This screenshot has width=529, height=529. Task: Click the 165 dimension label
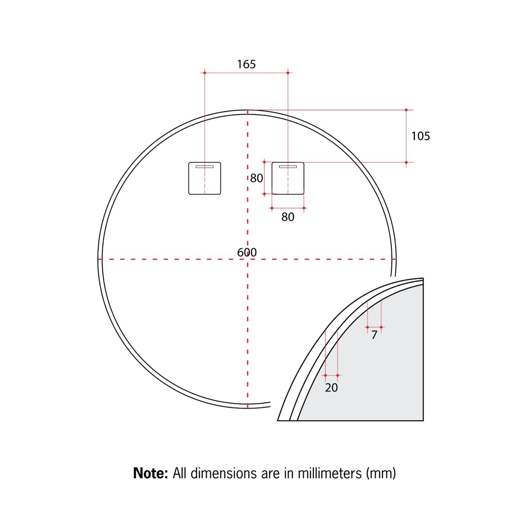click(x=246, y=64)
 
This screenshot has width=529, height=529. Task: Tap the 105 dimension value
click(x=420, y=136)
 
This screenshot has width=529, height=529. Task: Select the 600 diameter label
click(x=247, y=252)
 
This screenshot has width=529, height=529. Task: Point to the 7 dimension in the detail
click(x=374, y=336)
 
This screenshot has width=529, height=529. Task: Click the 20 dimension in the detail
click(x=332, y=387)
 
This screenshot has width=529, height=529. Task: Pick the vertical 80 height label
click(x=257, y=178)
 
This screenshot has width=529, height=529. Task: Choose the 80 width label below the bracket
click(x=288, y=217)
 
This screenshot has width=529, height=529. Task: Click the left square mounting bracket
click(x=205, y=178)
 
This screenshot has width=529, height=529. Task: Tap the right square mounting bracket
click(x=288, y=178)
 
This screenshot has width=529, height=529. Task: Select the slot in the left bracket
click(x=205, y=167)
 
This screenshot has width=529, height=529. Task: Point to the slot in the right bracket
click(x=288, y=167)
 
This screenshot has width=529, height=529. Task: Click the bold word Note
click(x=151, y=474)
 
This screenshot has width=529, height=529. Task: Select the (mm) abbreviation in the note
click(x=381, y=474)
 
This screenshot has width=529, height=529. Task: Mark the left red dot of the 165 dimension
click(x=205, y=72)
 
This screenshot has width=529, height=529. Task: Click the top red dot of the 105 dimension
click(x=406, y=110)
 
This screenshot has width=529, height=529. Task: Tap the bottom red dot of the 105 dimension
click(x=406, y=162)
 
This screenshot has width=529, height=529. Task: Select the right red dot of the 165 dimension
click(x=288, y=72)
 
